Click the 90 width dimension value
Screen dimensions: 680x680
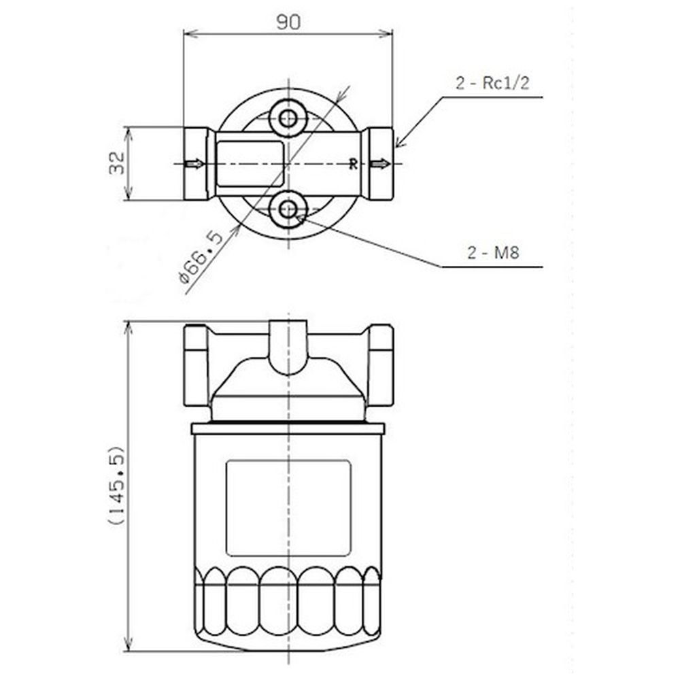click(288, 22)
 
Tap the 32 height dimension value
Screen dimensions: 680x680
click(117, 163)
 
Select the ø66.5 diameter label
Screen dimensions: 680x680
click(201, 257)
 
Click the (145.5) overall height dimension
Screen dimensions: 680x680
click(116, 485)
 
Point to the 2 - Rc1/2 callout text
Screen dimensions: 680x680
click(492, 82)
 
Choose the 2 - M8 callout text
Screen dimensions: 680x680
click(493, 252)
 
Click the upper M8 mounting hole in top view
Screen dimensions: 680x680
click(288, 118)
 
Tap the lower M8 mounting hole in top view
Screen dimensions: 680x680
click(288, 210)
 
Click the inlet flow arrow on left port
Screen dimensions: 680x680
click(194, 164)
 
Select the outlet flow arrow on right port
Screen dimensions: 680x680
click(380, 164)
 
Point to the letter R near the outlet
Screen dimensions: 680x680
click(354, 164)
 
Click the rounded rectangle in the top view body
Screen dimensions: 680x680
click(250, 163)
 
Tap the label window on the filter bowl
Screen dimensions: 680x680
click(288, 508)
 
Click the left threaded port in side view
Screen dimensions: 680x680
click(196, 365)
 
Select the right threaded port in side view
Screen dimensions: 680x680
click(381, 365)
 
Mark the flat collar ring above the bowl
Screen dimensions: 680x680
click(288, 428)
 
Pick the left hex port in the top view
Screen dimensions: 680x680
click(198, 163)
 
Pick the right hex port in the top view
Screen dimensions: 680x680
click(378, 163)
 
